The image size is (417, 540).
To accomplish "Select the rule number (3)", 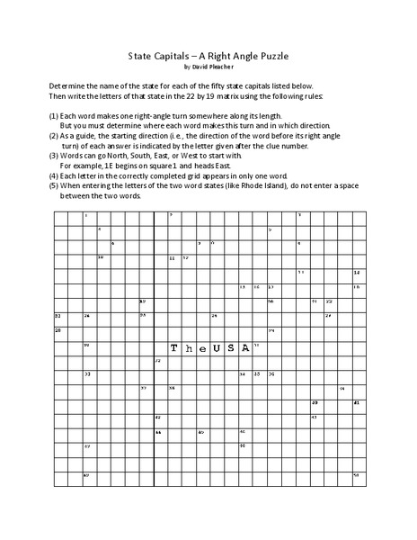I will pyautogui.click(x=55, y=154).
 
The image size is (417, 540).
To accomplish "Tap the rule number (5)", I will pyautogui.click(x=55, y=186).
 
